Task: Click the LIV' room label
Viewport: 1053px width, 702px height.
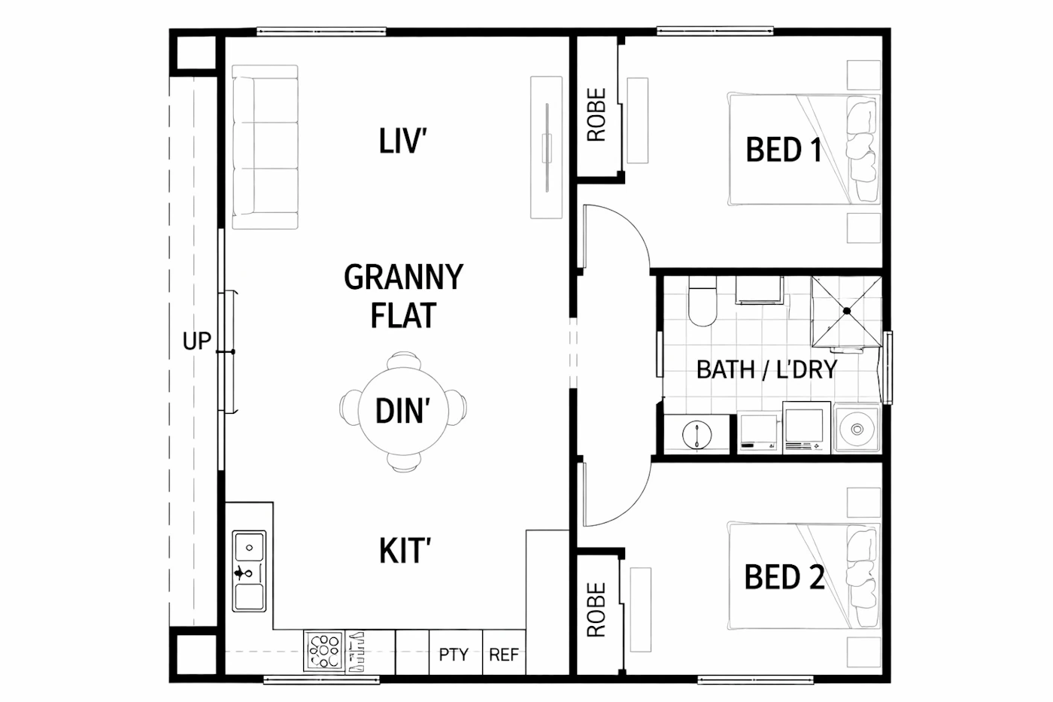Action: [403, 141]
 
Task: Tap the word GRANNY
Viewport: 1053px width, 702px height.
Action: [404, 277]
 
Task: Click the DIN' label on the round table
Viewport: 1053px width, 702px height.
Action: [403, 411]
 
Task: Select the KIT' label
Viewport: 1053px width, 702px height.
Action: [405, 551]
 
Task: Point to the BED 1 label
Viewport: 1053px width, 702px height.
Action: [784, 150]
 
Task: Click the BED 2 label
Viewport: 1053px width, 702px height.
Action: [784, 577]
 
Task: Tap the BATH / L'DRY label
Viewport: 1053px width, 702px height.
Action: [766, 369]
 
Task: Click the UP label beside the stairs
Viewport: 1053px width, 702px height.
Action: [196, 341]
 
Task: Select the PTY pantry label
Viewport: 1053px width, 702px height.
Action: [454, 654]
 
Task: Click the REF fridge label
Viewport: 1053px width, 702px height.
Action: [504, 654]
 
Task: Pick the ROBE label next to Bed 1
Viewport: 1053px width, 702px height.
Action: [596, 114]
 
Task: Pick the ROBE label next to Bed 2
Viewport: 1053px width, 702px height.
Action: [596, 610]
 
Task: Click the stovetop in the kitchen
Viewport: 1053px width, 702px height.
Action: [324, 652]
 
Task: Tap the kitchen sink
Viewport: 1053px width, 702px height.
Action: [249, 571]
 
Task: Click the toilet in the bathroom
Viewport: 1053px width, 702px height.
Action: [703, 302]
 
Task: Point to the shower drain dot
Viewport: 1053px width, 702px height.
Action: [847, 311]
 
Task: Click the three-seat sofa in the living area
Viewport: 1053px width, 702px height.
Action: [265, 147]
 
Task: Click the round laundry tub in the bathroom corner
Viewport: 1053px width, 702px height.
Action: [857, 428]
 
